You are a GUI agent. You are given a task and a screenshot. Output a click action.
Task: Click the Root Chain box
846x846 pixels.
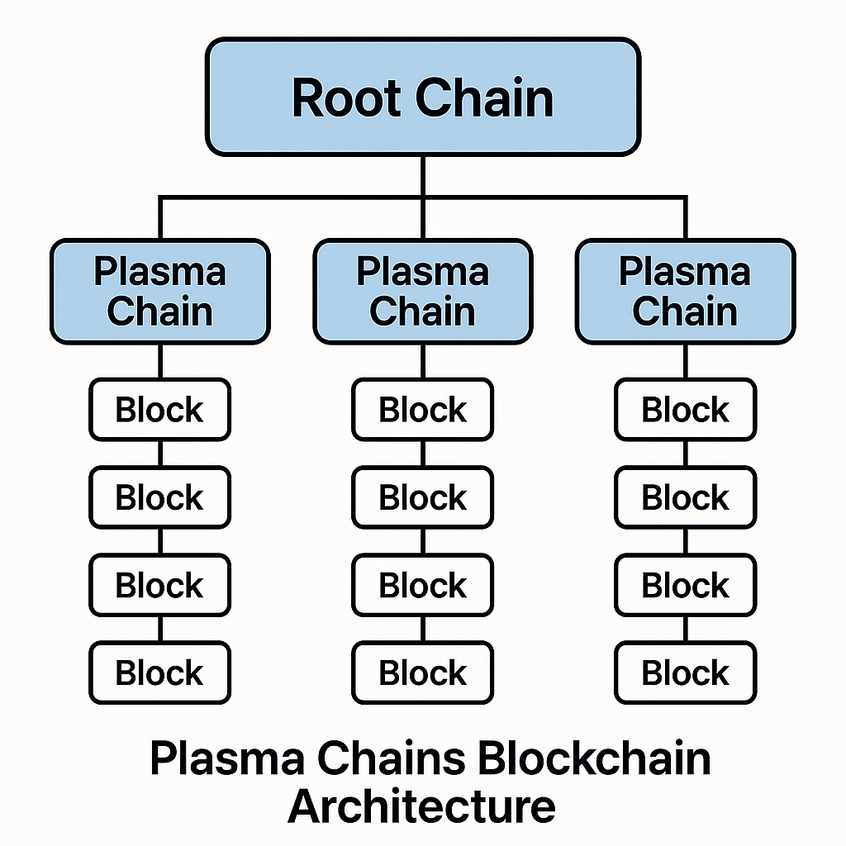pos(423,97)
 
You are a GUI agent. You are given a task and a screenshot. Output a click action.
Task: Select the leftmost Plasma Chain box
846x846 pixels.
pos(159,292)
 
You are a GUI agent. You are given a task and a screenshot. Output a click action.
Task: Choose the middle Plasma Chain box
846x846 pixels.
pos(422,292)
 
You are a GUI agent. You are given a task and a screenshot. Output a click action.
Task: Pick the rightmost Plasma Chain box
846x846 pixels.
pos(685,292)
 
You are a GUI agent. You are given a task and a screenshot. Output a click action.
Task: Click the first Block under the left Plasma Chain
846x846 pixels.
pos(159,410)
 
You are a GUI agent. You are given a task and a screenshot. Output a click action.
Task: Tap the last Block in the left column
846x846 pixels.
pos(159,673)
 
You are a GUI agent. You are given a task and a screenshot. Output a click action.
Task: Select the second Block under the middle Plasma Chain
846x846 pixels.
pos(422,497)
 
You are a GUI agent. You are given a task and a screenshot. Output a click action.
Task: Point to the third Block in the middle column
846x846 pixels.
pos(422,585)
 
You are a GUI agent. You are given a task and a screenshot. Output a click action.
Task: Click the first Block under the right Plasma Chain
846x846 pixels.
pos(685,410)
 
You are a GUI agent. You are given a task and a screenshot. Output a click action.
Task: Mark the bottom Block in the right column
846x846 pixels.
pos(685,673)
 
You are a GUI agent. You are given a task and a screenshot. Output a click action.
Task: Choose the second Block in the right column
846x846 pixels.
pos(685,497)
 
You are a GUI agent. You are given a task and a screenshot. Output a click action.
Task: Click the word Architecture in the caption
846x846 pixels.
pos(421,806)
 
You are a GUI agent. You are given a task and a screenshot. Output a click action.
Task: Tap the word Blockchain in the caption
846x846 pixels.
pos(595,758)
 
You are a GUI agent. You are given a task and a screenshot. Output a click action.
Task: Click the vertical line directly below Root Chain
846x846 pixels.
pos(423,175)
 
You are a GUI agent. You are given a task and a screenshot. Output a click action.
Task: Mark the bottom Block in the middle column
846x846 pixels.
pos(422,673)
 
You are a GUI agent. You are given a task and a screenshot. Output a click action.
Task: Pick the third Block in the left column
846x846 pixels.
pos(159,585)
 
